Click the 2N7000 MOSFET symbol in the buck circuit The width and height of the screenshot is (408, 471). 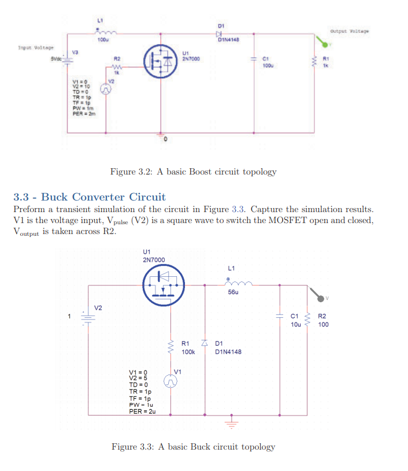click(162, 284)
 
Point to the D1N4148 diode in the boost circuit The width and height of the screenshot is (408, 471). click(220, 33)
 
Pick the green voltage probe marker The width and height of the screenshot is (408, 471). click(321, 42)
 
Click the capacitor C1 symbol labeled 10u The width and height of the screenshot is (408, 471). click(281, 317)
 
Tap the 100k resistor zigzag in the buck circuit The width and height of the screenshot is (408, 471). click(171, 347)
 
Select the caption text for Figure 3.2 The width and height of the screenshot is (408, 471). click(193, 172)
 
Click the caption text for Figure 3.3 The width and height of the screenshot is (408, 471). click(193, 447)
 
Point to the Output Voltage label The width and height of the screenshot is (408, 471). click(349, 31)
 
